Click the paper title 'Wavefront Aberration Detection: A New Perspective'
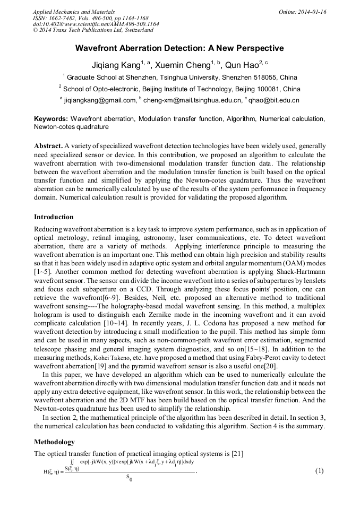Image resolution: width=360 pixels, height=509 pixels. pyautogui.click(x=179, y=48)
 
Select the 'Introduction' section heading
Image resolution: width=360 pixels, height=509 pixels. pyautogui.click(x=54, y=217)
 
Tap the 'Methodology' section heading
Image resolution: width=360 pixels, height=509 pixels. pyautogui.click(x=54, y=442)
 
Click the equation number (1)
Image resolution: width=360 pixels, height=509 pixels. pyautogui.click(x=319, y=471)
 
